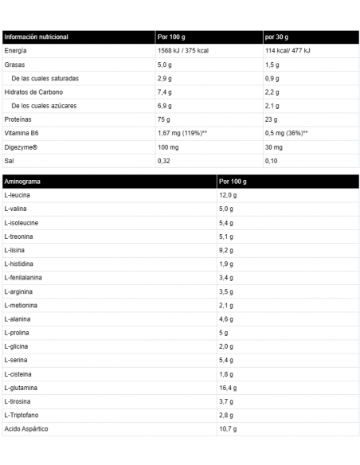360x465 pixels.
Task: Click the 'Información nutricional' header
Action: pyautogui.click(x=37, y=37)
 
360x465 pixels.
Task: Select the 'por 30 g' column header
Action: pyautogui.click(x=278, y=37)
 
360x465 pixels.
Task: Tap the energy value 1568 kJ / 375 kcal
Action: pyautogui.click(x=189, y=50)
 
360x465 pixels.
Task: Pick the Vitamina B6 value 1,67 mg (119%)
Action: pyautogui.click(x=183, y=132)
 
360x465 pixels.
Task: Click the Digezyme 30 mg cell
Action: pyautogui.click(x=275, y=147)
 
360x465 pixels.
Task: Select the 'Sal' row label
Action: pyautogui.click(x=10, y=160)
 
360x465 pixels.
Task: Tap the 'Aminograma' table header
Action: pyautogui.click(x=23, y=182)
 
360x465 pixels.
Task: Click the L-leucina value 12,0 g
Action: pyautogui.click(x=228, y=195)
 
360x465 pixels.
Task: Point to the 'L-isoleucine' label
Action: pyautogui.click(x=22, y=222)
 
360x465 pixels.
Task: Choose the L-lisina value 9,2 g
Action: pyautogui.click(x=226, y=250)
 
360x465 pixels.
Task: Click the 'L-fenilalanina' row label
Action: pyautogui.click(x=25, y=277)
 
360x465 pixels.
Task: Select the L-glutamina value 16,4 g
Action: pyautogui.click(x=228, y=387)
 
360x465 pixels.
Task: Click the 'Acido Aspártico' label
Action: pyautogui.click(x=27, y=428)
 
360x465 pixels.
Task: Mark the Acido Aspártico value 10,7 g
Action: pyautogui.click(x=228, y=428)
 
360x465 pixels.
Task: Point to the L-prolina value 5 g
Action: pyautogui.click(x=223, y=332)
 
